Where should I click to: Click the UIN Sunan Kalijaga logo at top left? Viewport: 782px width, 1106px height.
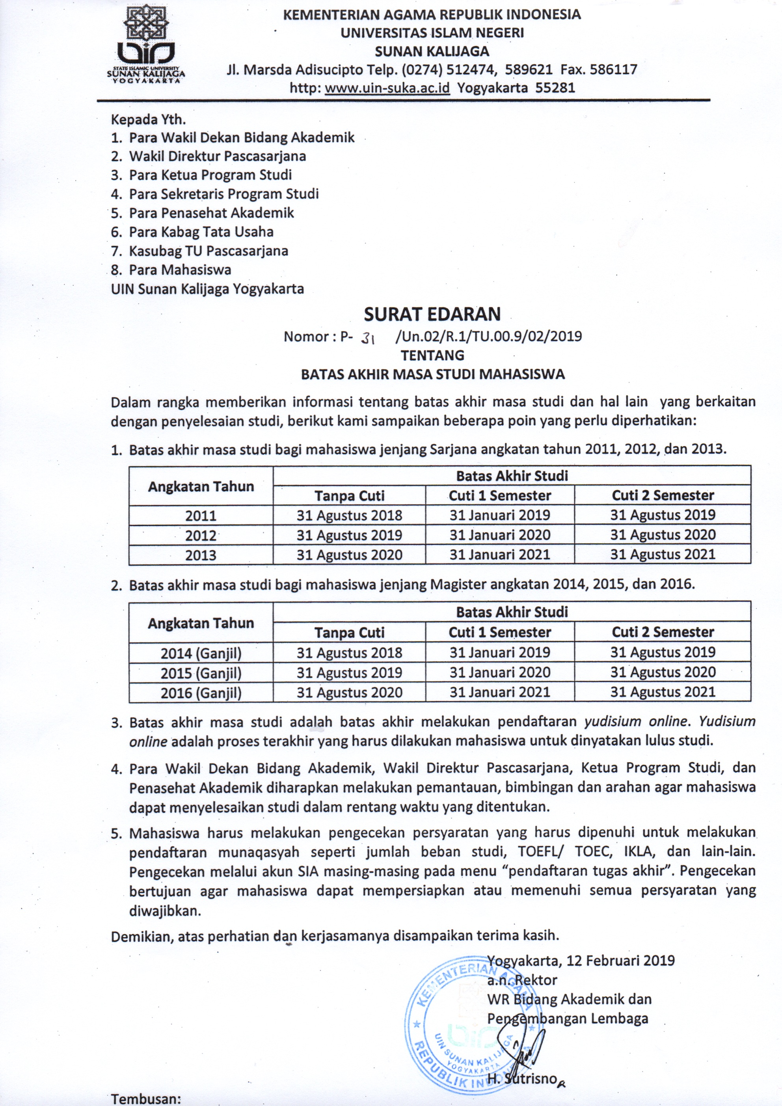(146, 46)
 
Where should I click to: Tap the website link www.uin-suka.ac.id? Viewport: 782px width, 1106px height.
(387, 88)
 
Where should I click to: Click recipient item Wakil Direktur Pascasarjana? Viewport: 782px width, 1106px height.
(217, 156)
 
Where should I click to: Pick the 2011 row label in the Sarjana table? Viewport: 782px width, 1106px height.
(201, 516)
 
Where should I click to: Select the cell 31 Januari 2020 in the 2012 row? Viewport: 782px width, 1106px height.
(500, 535)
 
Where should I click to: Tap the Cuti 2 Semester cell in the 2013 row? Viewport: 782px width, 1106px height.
(663, 554)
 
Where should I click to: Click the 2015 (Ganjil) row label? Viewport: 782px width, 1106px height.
(201, 673)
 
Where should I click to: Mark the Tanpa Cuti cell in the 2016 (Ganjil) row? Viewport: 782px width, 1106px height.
(349, 693)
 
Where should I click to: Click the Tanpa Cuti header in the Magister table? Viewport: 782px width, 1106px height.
(349, 632)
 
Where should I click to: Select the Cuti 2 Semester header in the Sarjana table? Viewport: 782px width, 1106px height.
(663, 495)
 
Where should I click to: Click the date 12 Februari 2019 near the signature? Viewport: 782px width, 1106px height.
(620, 960)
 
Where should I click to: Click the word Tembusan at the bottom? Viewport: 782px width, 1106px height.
(145, 1099)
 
